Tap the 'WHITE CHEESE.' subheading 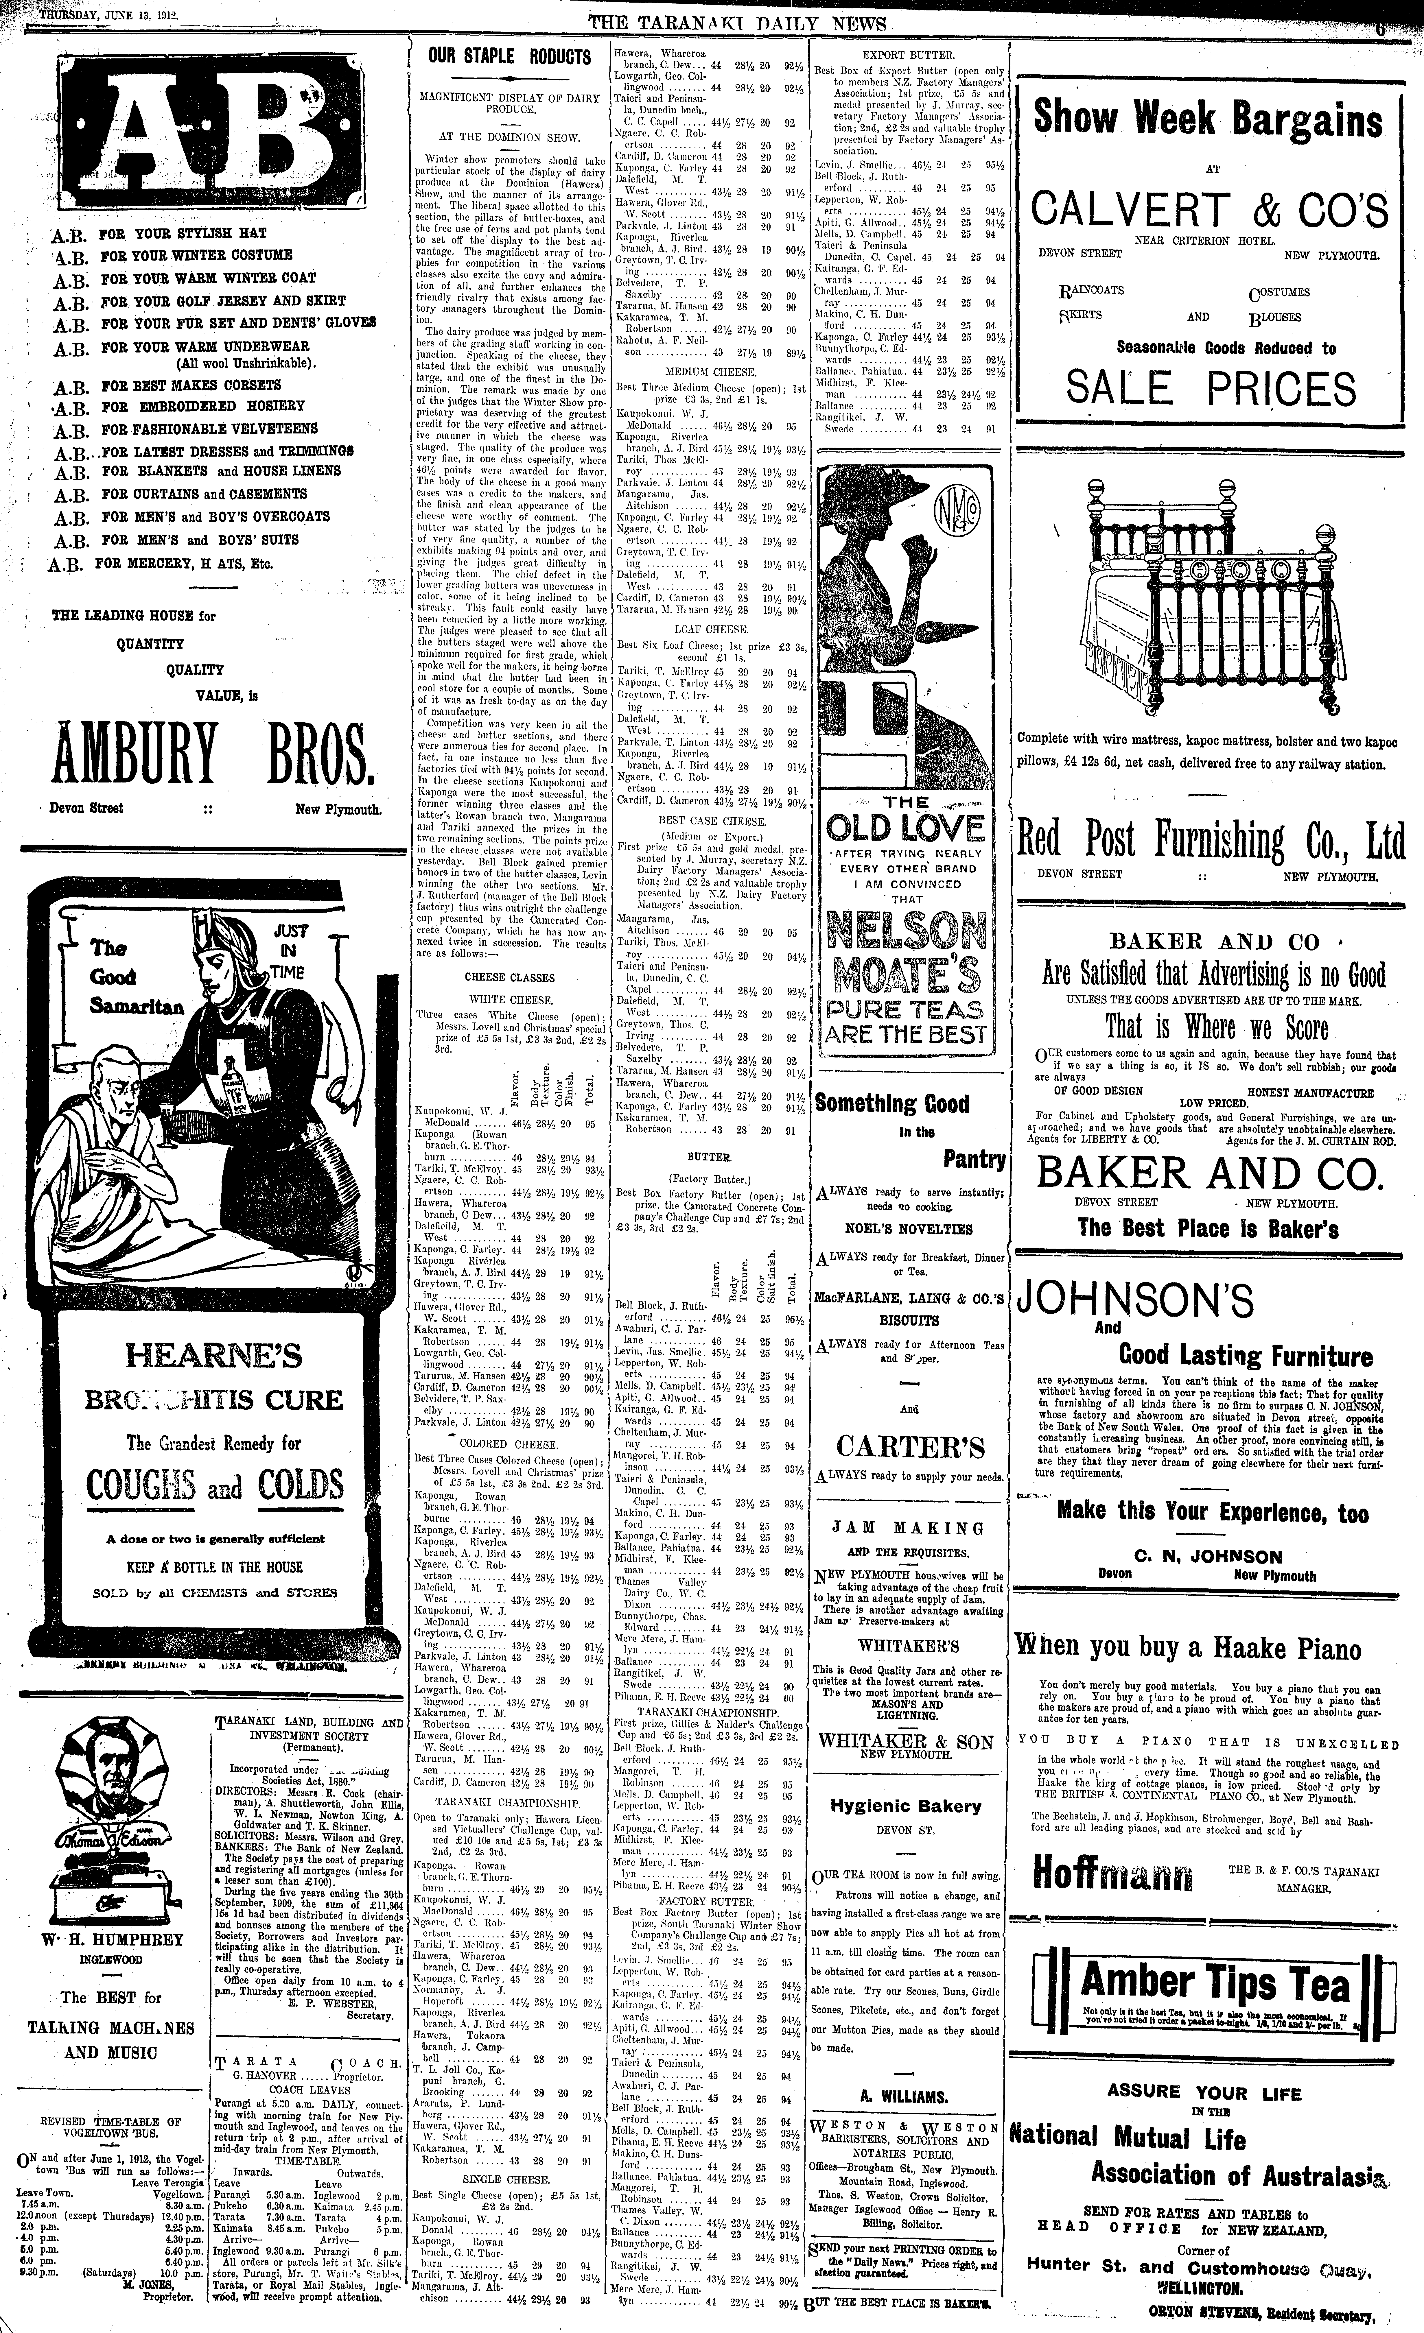[509, 998]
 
